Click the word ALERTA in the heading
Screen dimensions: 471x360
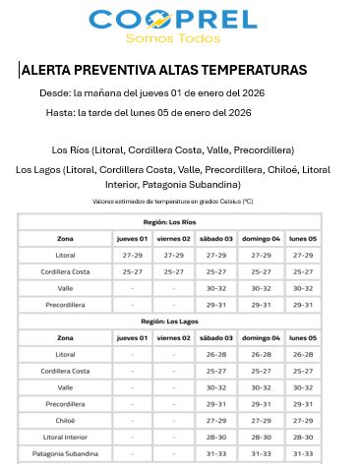coord(46,71)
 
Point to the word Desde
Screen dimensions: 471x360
coord(55,92)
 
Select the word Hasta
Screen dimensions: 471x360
coord(60,113)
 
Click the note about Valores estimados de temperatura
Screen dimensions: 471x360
coord(173,202)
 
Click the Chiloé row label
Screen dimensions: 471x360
coord(65,420)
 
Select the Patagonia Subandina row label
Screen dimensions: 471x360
coord(65,453)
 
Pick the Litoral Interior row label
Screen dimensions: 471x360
coord(65,437)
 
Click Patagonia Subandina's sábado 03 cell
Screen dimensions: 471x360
coord(216,453)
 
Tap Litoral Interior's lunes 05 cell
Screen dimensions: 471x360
coord(303,437)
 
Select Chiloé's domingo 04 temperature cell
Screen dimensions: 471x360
coord(262,420)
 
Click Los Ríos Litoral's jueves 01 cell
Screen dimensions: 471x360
coord(132,255)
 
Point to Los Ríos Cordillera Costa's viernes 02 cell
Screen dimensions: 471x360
coord(174,271)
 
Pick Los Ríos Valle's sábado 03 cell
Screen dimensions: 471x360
coord(216,288)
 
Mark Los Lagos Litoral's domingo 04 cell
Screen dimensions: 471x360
coord(262,354)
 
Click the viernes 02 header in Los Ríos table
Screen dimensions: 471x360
coord(174,239)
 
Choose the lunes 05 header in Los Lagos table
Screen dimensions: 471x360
coord(303,337)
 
